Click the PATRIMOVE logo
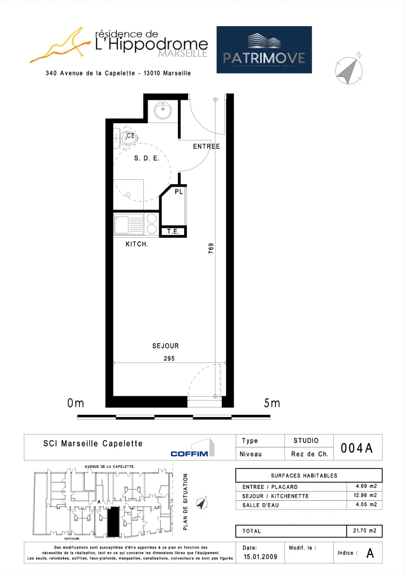[264, 49]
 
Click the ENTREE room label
[206, 146]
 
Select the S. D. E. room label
[147, 158]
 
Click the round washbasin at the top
[162, 111]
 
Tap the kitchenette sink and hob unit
[136, 224]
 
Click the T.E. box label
[174, 232]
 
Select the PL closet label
[179, 192]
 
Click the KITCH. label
[136, 244]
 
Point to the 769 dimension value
[211, 249]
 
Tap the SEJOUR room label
[166, 346]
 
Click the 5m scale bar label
[272, 404]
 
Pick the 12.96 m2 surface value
[366, 496]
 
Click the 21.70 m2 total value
[366, 531]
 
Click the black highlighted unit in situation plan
[113, 522]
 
